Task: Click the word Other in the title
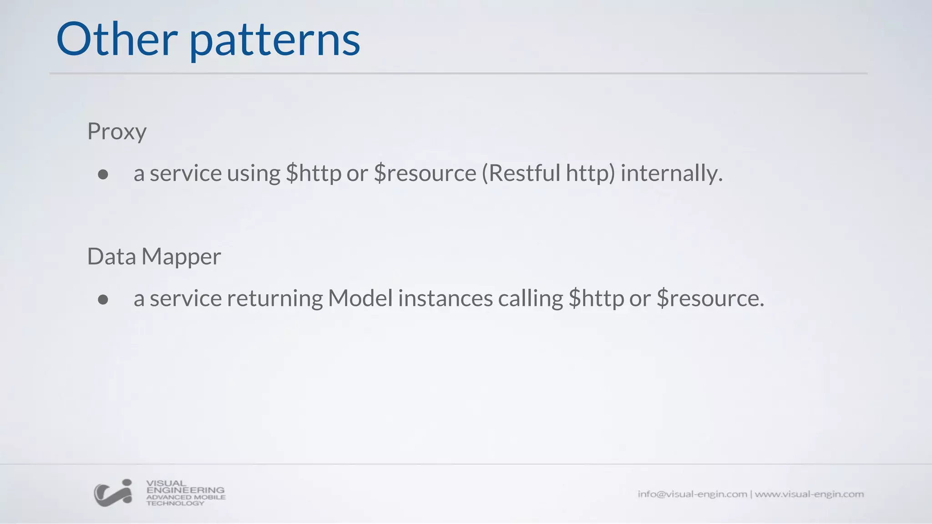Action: pos(116,40)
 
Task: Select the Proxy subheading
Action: pos(116,132)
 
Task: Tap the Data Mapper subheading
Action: pos(154,257)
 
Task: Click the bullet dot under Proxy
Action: pos(103,175)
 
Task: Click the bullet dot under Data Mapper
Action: pos(103,299)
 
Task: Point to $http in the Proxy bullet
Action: pos(314,173)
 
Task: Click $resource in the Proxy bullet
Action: pos(425,173)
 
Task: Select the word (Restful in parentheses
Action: pos(521,173)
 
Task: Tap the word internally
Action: pos(671,173)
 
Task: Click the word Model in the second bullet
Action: pos(360,298)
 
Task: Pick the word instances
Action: pos(445,298)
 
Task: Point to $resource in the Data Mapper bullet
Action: pos(710,298)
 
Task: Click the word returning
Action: pos(274,298)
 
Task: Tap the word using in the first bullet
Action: pos(253,173)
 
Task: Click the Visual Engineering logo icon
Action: pos(113,493)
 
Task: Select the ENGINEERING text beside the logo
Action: pos(185,490)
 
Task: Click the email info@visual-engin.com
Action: pos(692,494)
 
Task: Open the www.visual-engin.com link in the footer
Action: pos(809,494)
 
